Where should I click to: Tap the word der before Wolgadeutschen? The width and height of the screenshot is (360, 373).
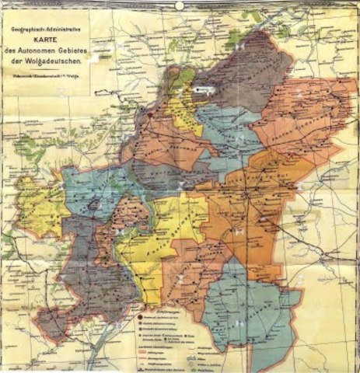tap(37, 61)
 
